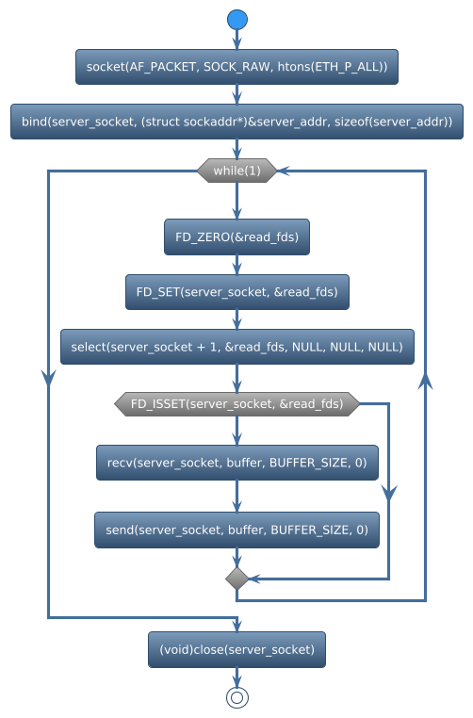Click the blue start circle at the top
tap(236, 20)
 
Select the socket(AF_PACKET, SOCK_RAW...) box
tap(236, 67)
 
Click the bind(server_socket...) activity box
tap(236, 122)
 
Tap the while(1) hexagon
tap(236, 171)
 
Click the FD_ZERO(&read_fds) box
tap(236, 237)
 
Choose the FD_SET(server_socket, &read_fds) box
tap(236, 292)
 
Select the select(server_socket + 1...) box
tap(236, 347)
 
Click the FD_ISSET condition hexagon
tap(236, 404)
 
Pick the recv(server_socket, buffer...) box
tap(236, 463)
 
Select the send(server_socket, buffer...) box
tap(236, 530)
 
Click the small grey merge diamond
tap(236, 579)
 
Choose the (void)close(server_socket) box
tap(236, 649)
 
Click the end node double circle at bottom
tap(236, 696)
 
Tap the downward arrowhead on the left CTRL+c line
tap(48, 377)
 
